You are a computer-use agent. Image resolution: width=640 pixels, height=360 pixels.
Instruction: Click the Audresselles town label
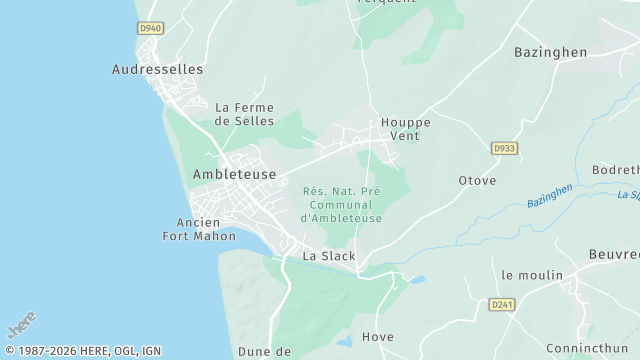pos(157,70)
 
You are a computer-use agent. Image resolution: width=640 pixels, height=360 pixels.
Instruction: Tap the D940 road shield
pos(150,28)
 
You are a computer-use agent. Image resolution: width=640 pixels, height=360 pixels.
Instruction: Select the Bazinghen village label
pos(550,51)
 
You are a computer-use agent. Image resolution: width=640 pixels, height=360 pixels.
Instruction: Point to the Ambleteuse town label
pos(234,173)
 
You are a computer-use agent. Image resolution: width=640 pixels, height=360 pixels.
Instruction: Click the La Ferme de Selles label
pos(244,114)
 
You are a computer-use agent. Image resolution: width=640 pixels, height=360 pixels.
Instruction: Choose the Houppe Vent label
pos(405,129)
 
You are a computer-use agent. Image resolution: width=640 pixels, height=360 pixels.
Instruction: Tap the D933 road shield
pos(504,148)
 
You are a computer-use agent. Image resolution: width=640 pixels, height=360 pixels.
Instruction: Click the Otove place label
pos(477,181)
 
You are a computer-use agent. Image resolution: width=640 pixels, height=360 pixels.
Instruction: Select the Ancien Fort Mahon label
pos(199,229)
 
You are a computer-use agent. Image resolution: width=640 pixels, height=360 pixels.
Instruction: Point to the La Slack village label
pos(329,256)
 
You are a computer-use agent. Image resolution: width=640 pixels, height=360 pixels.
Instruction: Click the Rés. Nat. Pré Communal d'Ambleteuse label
pos(341,204)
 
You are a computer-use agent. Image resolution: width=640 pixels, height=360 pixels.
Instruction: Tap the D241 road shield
pos(502,304)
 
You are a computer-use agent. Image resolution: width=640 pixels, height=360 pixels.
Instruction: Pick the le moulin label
pos(532,275)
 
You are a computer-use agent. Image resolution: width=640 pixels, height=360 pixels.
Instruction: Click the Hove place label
pos(378,337)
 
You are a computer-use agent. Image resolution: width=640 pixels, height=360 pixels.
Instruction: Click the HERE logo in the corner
pos(21,325)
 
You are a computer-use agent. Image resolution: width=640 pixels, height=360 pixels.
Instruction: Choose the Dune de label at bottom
pos(264,352)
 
